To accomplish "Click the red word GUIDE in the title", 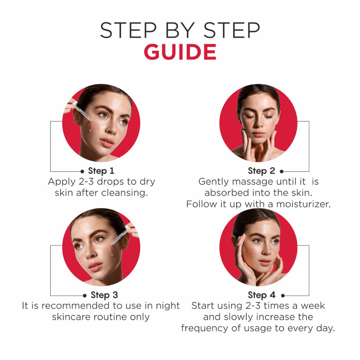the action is (x=180, y=52).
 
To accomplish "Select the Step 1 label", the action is (x=101, y=171).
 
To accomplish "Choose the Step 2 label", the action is (x=261, y=171).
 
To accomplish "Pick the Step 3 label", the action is (x=104, y=295).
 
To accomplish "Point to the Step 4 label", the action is (x=261, y=295).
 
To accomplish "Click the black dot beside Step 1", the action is (x=82, y=171).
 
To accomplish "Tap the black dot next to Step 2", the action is (x=282, y=171).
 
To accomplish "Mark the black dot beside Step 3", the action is (x=85, y=296).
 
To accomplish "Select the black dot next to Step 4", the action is (x=283, y=296).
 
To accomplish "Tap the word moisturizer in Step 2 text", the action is (x=303, y=204).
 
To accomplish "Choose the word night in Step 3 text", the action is (x=168, y=306).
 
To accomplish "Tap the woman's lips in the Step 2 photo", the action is (x=258, y=134).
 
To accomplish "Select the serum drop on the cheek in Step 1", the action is (x=90, y=128).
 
